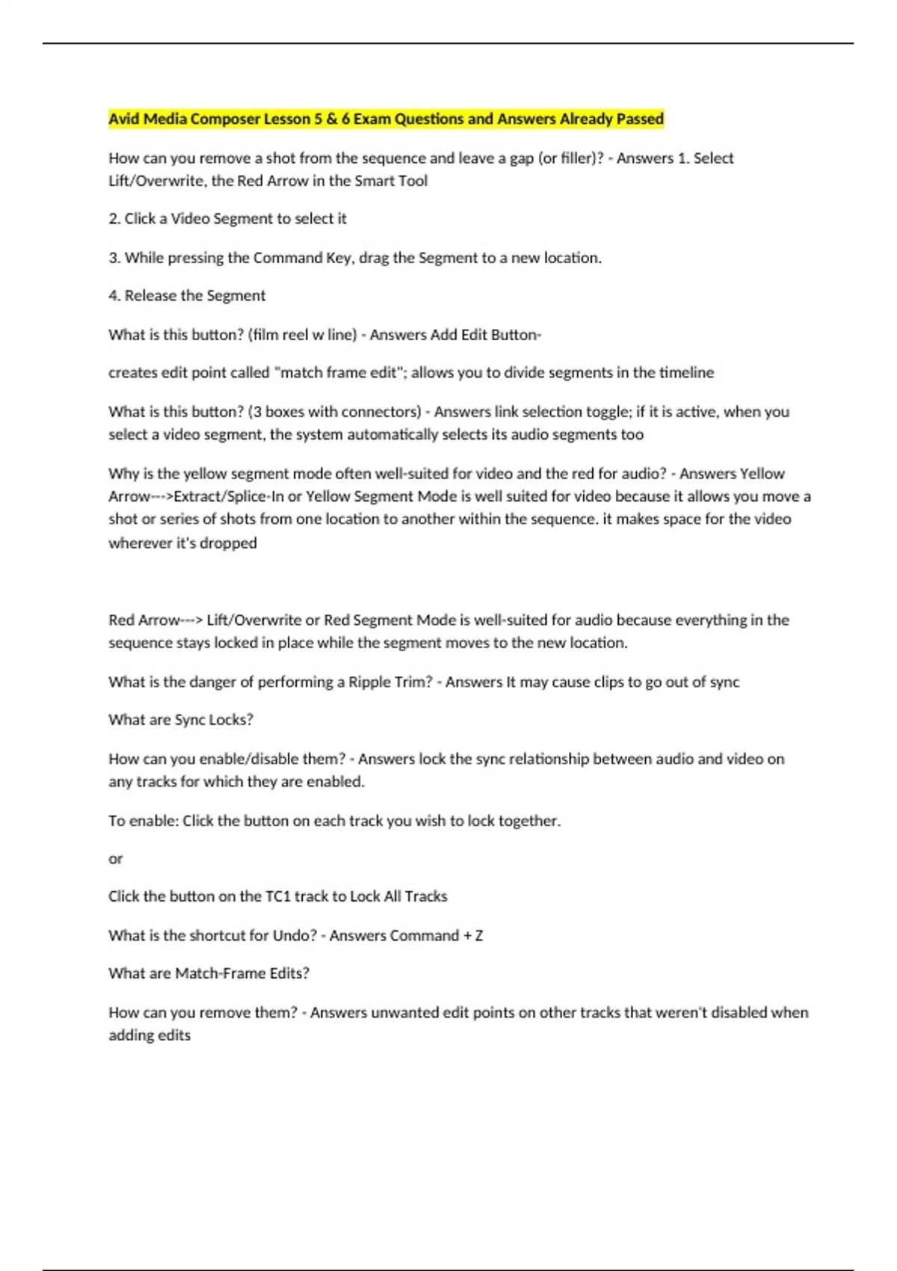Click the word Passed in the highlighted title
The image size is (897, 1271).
[640, 119]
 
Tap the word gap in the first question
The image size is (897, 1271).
[522, 159]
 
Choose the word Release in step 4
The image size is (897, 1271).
[150, 296]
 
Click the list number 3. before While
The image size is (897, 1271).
[114, 258]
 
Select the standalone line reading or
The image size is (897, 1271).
[115, 859]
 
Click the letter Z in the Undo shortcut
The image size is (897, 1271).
[478, 936]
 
